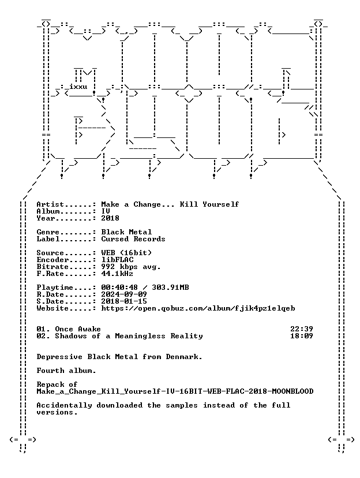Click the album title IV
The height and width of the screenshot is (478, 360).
point(106,211)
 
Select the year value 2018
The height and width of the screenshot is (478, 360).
point(110,218)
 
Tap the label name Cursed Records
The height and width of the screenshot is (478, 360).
point(133,239)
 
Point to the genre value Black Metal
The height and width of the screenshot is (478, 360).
point(126,232)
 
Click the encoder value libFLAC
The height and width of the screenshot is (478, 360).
point(117,260)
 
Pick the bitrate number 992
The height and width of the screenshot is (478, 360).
point(108,267)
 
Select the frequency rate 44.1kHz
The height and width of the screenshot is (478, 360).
point(117,274)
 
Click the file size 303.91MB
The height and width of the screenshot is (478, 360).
point(170,287)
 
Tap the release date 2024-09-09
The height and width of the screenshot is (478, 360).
point(124,294)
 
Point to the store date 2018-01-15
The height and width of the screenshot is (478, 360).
point(124,301)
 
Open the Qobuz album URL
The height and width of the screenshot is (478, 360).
point(198,308)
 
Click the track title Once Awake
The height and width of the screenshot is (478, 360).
point(78,329)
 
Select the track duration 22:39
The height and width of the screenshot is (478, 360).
point(302,329)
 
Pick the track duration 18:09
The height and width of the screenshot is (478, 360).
point(302,336)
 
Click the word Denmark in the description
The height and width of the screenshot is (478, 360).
point(183,357)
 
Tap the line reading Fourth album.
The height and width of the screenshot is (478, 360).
point(66,371)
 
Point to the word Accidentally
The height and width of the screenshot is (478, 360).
point(64,406)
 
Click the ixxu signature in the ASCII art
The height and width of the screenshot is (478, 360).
point(78,87)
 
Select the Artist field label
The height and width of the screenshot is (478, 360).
point(50,204)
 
